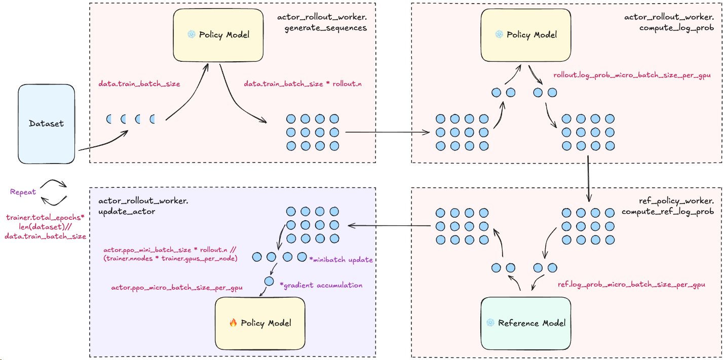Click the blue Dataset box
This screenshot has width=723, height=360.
pos(47,123)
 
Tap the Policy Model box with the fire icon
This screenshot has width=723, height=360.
pos(260,323)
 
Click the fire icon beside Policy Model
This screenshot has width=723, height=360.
pos(233,323)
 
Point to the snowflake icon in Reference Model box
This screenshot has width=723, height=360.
pos(490,323)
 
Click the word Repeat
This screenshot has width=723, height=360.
pos(23,192)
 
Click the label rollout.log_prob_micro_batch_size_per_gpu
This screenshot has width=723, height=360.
pos(631,75)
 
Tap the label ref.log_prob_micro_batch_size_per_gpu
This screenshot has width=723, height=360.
pos(631,285)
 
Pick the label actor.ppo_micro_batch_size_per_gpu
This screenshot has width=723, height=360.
pos(177,288)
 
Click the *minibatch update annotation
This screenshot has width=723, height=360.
pos(341,260)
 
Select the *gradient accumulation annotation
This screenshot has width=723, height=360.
pos(321,285)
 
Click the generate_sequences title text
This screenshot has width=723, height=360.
pos(325,28)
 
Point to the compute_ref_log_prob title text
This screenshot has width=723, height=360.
pos(668,212)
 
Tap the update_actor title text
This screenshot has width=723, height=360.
pos(127,212)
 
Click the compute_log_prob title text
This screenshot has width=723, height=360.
pos(676,28)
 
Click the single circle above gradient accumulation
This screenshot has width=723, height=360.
pos(269,281)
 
